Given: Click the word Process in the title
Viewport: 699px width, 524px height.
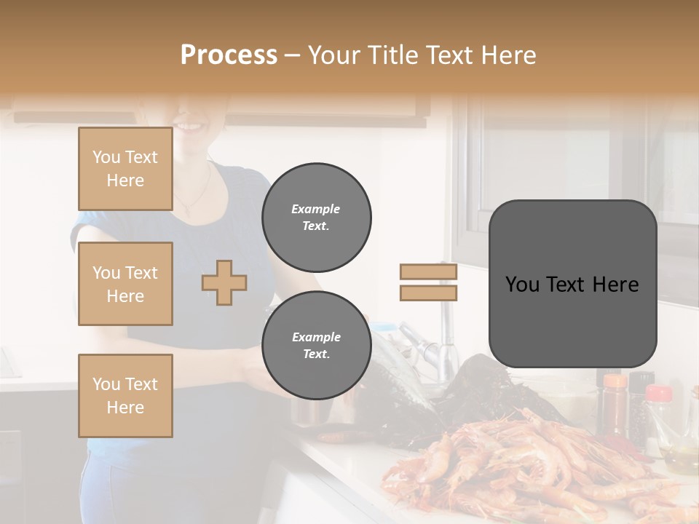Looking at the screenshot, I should [229, 55].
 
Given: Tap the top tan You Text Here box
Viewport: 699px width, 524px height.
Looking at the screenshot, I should [125, 169].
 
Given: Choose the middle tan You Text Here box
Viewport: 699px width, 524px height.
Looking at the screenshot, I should [125, 284].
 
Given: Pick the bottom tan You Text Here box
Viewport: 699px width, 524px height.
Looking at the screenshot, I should [125, 396].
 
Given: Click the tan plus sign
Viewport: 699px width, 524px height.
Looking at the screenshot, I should [224, 282].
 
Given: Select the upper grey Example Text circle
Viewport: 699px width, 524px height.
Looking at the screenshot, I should [316, 218].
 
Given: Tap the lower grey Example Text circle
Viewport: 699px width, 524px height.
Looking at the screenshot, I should [316, 346].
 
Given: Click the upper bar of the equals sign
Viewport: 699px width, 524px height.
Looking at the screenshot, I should [428, 272].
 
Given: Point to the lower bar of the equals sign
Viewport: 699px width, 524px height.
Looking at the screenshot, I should [428, 293].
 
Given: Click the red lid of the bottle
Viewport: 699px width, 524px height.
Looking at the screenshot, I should [659, 394].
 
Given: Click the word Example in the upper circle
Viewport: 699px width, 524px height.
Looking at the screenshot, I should [316, 209].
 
